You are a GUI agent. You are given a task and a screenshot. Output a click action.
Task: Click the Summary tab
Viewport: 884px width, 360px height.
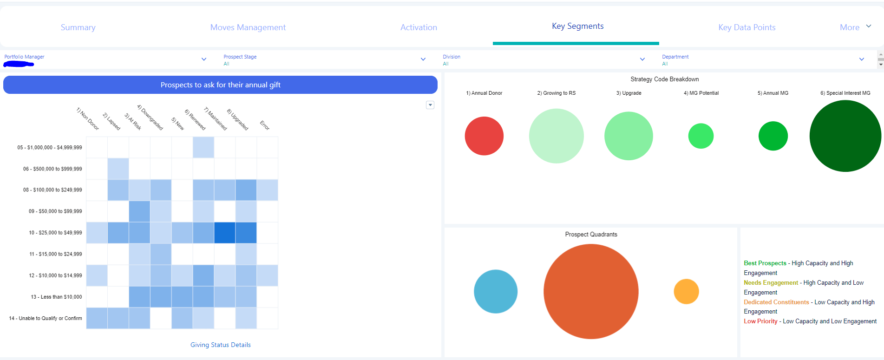click(x=78, y=27)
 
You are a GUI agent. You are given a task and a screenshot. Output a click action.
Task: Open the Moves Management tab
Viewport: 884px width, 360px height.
click(x=248, y=27)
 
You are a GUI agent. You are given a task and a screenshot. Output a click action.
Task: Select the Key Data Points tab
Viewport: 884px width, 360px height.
click(x=746, y=27)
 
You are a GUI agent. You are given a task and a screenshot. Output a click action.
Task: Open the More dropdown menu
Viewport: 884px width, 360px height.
click(x=855, y=27)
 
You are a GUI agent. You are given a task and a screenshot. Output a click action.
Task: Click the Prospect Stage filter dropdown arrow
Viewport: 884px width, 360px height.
click(x=423, y=59)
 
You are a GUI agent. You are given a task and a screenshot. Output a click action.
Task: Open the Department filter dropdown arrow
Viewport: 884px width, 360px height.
click(x=861, y=59)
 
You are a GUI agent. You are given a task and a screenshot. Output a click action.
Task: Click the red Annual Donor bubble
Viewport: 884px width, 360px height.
click(x=484, y=136)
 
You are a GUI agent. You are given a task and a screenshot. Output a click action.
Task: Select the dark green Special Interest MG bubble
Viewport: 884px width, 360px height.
click(x=845, y=136)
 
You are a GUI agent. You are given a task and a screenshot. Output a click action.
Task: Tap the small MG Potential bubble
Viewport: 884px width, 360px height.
click(x=701, y=136)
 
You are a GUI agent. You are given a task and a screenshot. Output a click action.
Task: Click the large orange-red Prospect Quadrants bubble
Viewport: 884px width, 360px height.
click(x=591, y=291)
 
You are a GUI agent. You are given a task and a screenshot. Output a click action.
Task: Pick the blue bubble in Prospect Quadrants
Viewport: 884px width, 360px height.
click(x=496, y=291)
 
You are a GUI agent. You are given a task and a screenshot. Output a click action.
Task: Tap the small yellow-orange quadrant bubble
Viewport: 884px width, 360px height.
click(x=686, y=291)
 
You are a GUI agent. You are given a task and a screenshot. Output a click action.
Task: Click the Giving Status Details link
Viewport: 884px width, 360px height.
click(x=220, y=345)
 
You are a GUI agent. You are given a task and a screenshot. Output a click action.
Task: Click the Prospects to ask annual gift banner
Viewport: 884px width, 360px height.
click(x=220, y=85)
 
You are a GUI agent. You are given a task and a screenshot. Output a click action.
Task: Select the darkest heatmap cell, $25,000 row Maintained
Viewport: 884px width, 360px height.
click(x=225, y=233)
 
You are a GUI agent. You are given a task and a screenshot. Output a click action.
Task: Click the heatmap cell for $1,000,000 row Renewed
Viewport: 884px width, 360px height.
click(x=203, y=147)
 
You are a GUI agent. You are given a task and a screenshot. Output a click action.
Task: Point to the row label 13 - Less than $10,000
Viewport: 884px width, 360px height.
click(x=56, y=297)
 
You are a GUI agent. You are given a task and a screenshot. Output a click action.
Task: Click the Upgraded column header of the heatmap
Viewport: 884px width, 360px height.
click(x=238, y=119)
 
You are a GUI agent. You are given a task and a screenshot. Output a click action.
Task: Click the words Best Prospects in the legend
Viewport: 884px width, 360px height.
click(x=765, y=263)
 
